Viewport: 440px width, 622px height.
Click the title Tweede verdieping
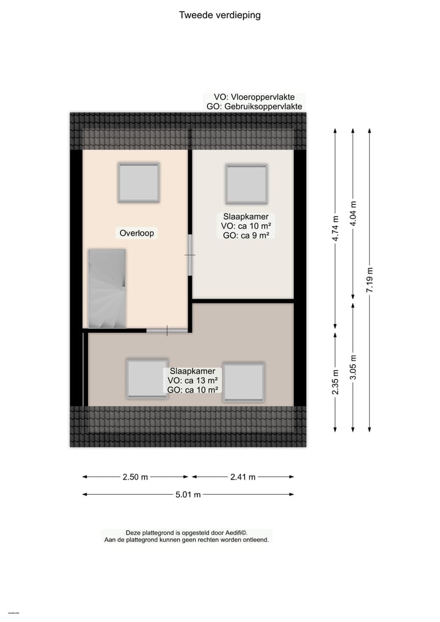click(x=219, y=15)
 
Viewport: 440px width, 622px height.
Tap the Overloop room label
click(x=137, y=233)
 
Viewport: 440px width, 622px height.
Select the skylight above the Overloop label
click(x=138, y=182)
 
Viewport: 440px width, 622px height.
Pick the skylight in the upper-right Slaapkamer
click(x=246, y=183)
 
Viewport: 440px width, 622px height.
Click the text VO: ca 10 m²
click(x=246, y=226)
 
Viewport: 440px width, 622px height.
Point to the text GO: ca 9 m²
click(x=246, y=235)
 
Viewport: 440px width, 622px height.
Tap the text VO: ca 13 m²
click(x=193, y=380)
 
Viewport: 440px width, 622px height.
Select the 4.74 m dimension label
click(x=335, y=229)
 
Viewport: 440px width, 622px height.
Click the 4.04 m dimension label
click(x=353, y=214)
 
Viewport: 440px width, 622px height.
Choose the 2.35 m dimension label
click(x=335, y=382)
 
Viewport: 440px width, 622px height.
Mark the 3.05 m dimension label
click(x=353, y=367)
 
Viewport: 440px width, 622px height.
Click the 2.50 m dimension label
click(x=136, y=477)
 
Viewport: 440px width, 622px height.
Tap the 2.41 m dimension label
click(x=243, y=477)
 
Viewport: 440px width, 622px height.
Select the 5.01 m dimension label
click(x=188, y=495)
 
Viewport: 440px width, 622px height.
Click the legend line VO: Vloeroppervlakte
click(x=254, y=97)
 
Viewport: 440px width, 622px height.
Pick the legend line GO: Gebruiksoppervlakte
click(x=254, y=106)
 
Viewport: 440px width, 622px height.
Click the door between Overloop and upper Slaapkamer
click(x=190, y=254)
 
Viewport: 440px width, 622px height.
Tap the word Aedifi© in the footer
click(x=241, y=533)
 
